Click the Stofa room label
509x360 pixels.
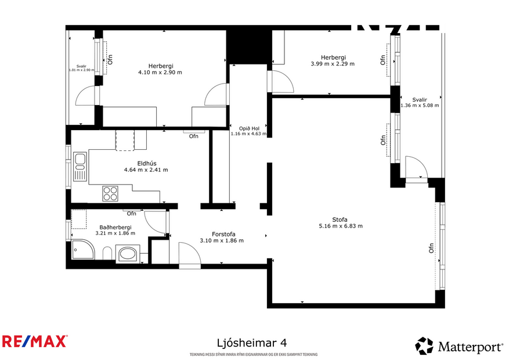click(x=340, y=219)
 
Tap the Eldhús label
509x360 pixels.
click(x=146, y=163)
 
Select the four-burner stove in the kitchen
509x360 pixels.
click(x=110, y=193)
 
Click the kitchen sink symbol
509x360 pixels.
click(x=80, y=165)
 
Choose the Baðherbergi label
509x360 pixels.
click(x=115, y=227)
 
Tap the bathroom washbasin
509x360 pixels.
click(x=127, y=254)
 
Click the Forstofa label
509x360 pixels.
click(x=221, y=234)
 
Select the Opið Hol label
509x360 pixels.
click(x=248, y=128)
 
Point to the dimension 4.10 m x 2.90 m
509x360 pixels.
click(x=160, y=73)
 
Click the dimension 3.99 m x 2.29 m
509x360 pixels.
click(x=333, y=64)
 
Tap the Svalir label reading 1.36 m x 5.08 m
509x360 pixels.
click(x=419, y=105)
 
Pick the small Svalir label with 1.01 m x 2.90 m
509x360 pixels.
click(x=81, y=70)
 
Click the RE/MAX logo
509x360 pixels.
click(x=34, y=341)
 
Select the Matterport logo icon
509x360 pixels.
click(x=424, y=346)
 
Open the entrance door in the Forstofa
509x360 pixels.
click(x=190, y=255)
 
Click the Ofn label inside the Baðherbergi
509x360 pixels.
click(x=132, y=213)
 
